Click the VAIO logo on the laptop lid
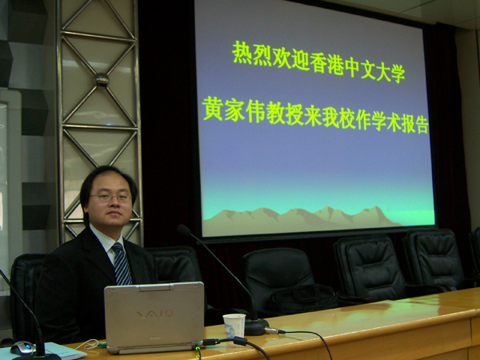click(x=155, y=314)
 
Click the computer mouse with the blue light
click(x=22, y=347)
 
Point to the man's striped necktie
click(x=122, y=263)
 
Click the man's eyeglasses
click(x=111, y=198)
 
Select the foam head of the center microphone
click(x=183, y=230)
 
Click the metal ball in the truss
click(x=102, y=79)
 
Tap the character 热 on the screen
click(x=242, y=52)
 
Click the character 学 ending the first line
click(x=398, y=74)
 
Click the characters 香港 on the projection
click(x=327, y=63)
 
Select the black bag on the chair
click(x=303, y=299)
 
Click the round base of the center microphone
click(x=257, y=326)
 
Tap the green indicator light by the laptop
click(x=198, y=348)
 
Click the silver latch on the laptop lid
click(x=154, y=288)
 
